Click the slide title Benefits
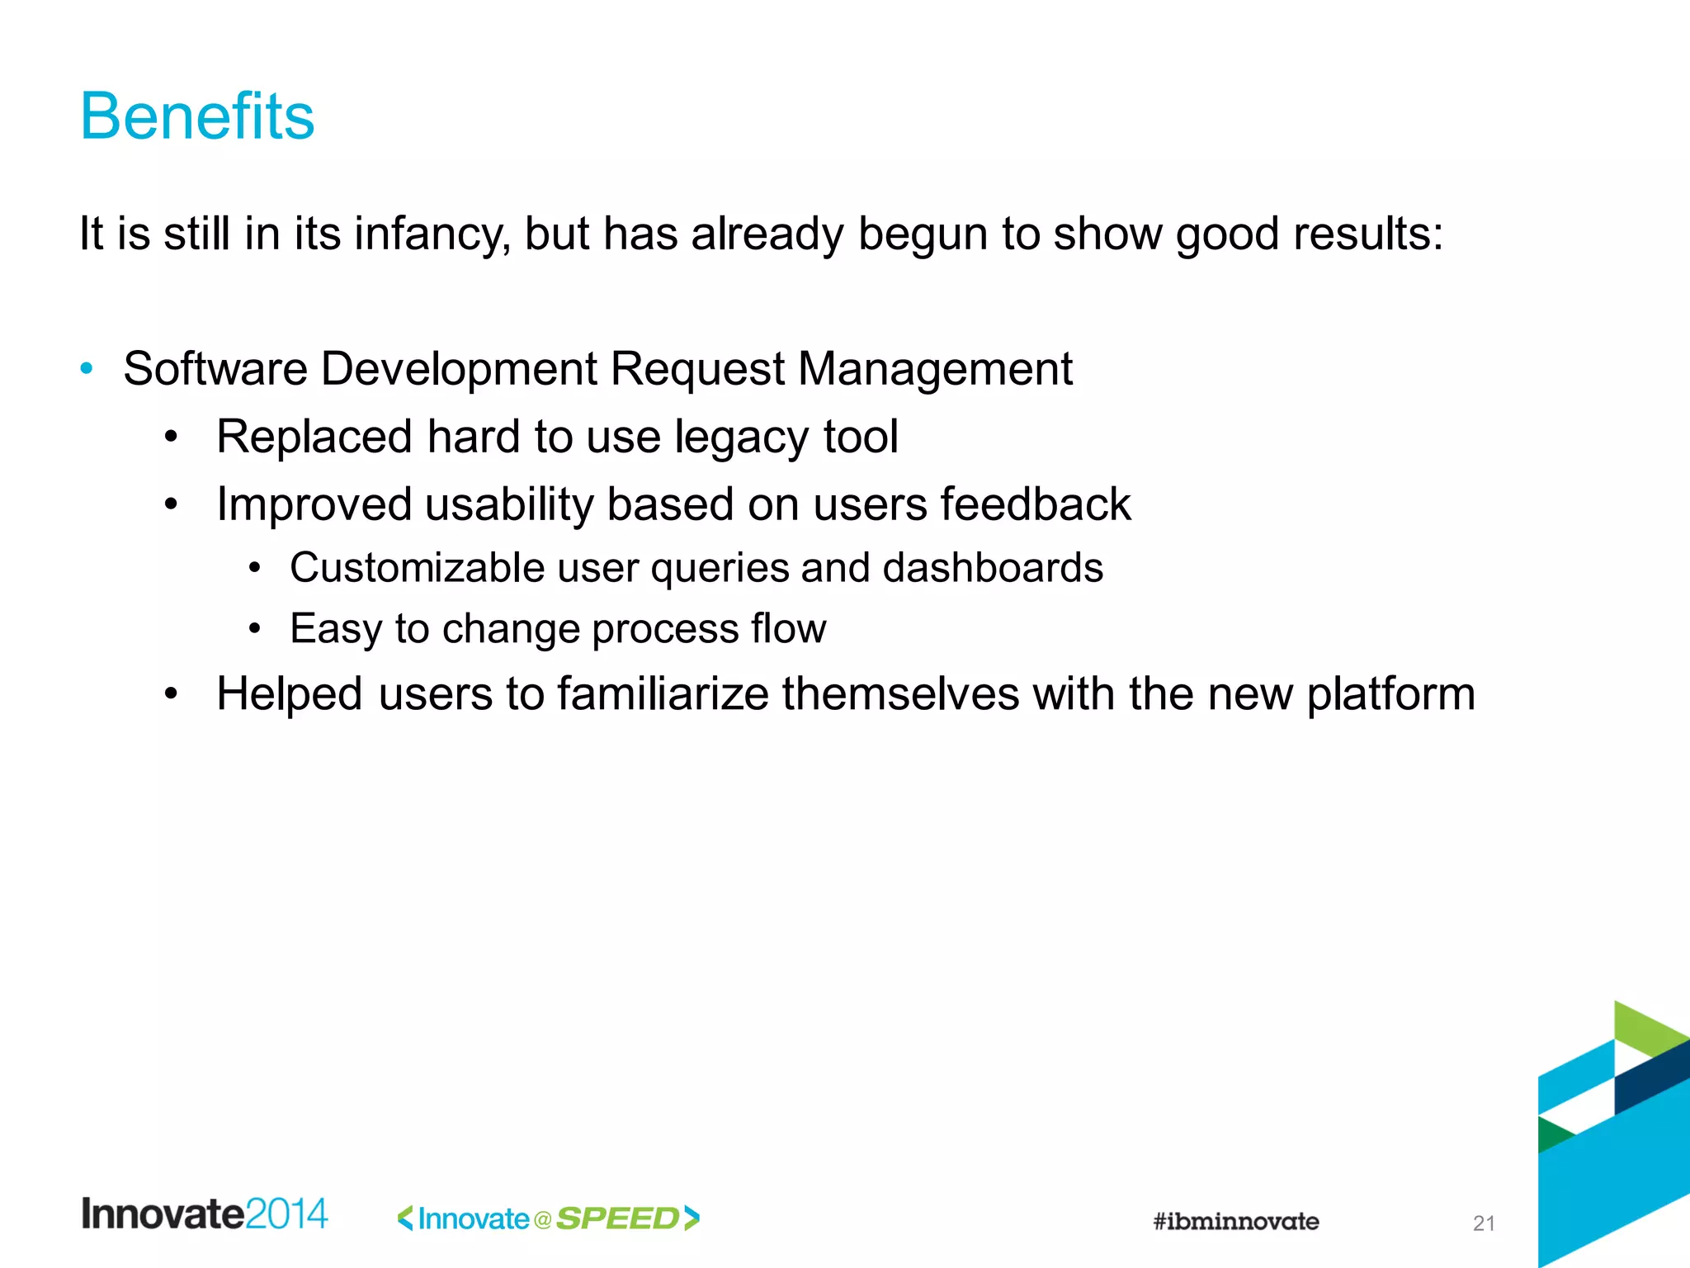click(197, 116)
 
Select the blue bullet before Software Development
click(87, 367)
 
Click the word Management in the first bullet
click(935, 368)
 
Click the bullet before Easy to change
click(255, 629)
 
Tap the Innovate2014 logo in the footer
click(205, 1214)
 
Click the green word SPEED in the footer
click(617, 1218)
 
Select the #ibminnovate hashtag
click(1235, 1222)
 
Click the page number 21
click(1484, 1223)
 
